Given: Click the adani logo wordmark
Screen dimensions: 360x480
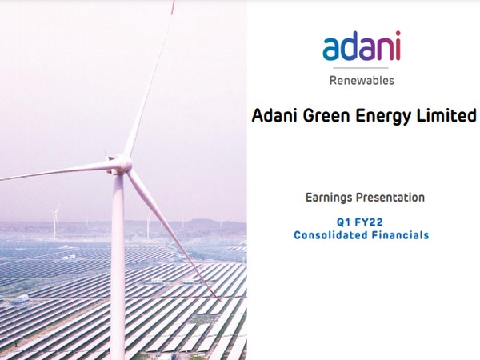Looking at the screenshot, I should [362, 47].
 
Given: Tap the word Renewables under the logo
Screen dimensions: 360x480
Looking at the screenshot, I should [362, 80].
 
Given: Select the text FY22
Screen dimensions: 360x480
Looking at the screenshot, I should [370, 221].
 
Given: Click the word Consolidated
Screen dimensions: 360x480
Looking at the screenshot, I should [330, 235].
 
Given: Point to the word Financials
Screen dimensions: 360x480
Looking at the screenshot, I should [398, 235].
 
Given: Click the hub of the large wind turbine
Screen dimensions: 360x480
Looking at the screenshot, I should [120, 164].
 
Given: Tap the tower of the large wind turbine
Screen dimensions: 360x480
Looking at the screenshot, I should [118, 264].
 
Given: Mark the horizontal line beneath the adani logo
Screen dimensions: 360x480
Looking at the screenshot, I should [362, 69].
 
